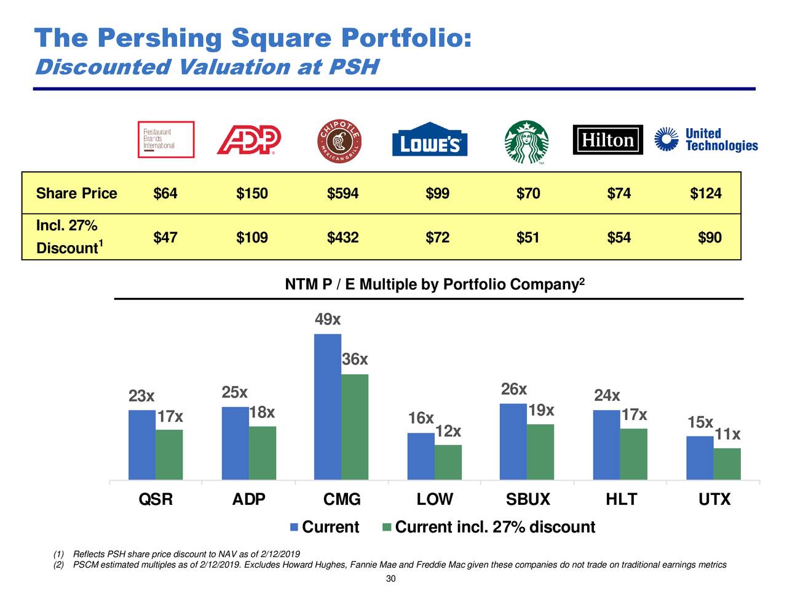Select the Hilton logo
(607, 140)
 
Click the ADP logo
(249, 140)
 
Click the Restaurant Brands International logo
(165, 140)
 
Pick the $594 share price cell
(342, 194)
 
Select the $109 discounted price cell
(251, 238)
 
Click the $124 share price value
(705, 194)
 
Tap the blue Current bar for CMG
(327, 406)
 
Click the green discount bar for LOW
(448, 462)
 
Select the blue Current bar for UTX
(700, 457)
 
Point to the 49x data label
(327, 320)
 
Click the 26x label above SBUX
(513, 390)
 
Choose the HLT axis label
(621, 499)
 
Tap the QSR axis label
(156, 499)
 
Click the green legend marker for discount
(387, 528)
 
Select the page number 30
(390, 579)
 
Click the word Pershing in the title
(159, 38)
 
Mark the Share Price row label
(76, 194)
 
